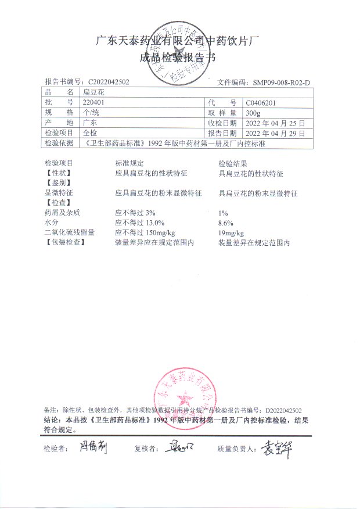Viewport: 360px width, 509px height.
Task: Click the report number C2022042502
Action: [109, 83]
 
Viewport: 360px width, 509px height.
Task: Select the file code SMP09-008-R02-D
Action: [281, 83]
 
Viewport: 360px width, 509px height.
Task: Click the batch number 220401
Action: [93, 102]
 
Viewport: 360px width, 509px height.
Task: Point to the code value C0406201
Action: [264, 102]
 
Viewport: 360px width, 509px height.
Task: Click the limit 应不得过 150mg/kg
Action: [148, 232]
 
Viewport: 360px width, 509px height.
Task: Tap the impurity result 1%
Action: [223, 213]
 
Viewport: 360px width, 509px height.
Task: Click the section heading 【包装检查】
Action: [64, 242]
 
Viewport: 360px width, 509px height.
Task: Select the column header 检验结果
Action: [233, 163]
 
